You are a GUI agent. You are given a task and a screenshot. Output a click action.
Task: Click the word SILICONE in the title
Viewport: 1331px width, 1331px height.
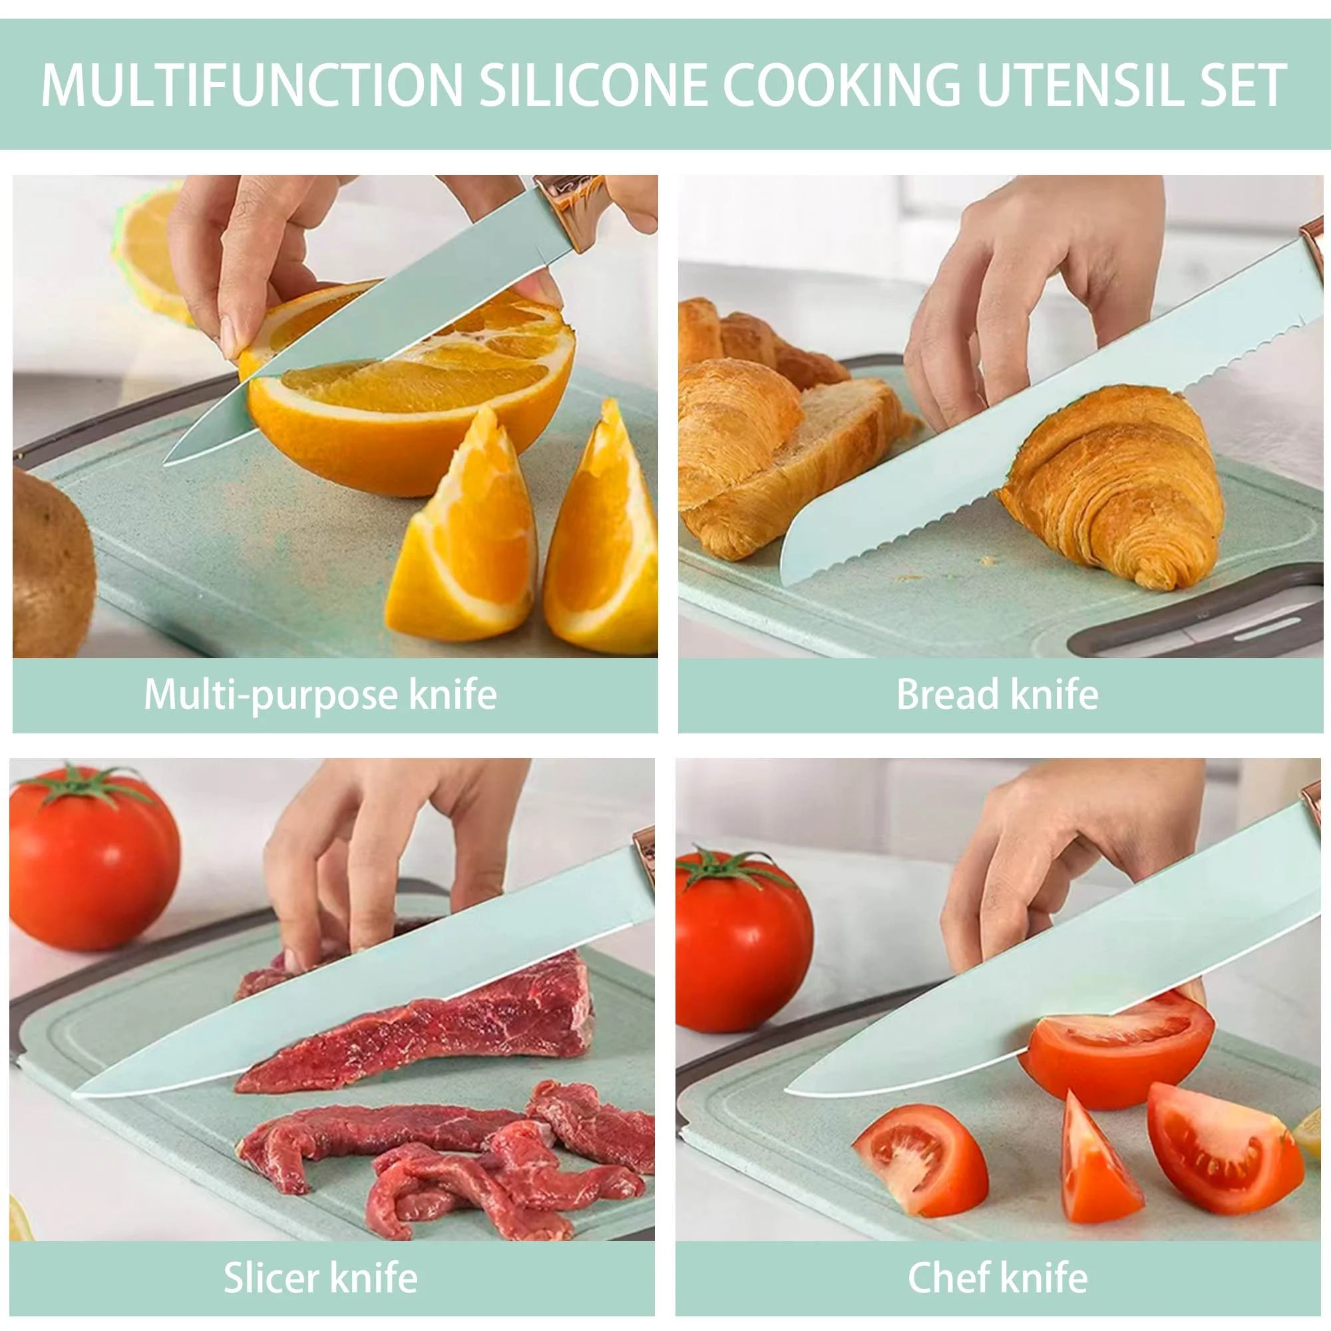(593, 85)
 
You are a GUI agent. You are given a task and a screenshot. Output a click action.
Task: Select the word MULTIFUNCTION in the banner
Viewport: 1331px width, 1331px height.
(252, 85)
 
